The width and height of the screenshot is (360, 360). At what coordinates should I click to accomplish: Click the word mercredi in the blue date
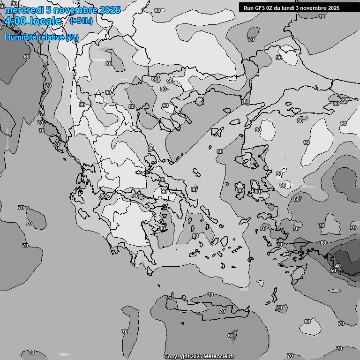[22, 10]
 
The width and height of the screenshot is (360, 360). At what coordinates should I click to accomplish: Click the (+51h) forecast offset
[81, 21]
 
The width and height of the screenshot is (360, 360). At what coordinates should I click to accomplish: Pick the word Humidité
[19, 37]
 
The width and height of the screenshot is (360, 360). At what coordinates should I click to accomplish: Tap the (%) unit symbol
[72, 37]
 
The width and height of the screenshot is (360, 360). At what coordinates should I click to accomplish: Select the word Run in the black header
[248, 8]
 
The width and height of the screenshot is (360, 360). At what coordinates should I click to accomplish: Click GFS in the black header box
[260, 8]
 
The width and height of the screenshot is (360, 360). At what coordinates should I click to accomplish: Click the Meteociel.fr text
[219, 356]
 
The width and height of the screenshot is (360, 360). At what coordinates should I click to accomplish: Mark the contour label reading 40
[338, 266]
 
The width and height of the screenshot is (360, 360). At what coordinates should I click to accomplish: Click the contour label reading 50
[333, 270]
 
